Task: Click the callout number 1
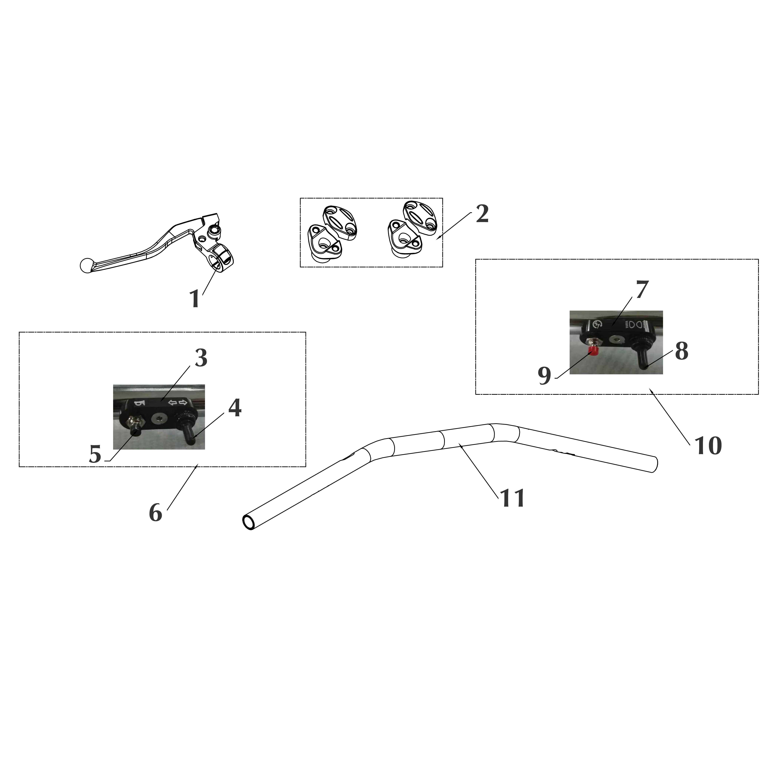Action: click(x=195, y=299)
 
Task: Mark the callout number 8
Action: click(x=681, y=351)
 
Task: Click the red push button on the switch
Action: click(x=594, y=351)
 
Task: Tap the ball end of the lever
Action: click(x=86, y=266)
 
